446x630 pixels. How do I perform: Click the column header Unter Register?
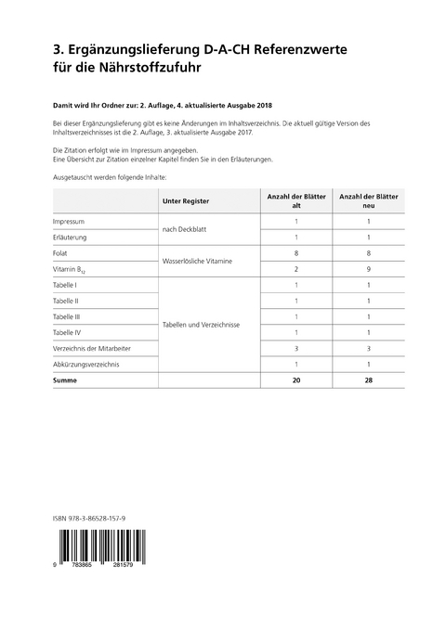(x=185, y=200)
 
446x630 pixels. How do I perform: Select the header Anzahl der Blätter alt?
(x=295, y=200)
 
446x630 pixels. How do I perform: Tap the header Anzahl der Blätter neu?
(x=369, y=200)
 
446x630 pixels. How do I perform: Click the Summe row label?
(x=66, y=380)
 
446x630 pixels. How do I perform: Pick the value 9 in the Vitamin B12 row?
(x=369, y=268)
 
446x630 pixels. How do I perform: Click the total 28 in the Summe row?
(x=369, y=380)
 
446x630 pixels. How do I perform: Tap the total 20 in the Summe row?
(x=295, y=380)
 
